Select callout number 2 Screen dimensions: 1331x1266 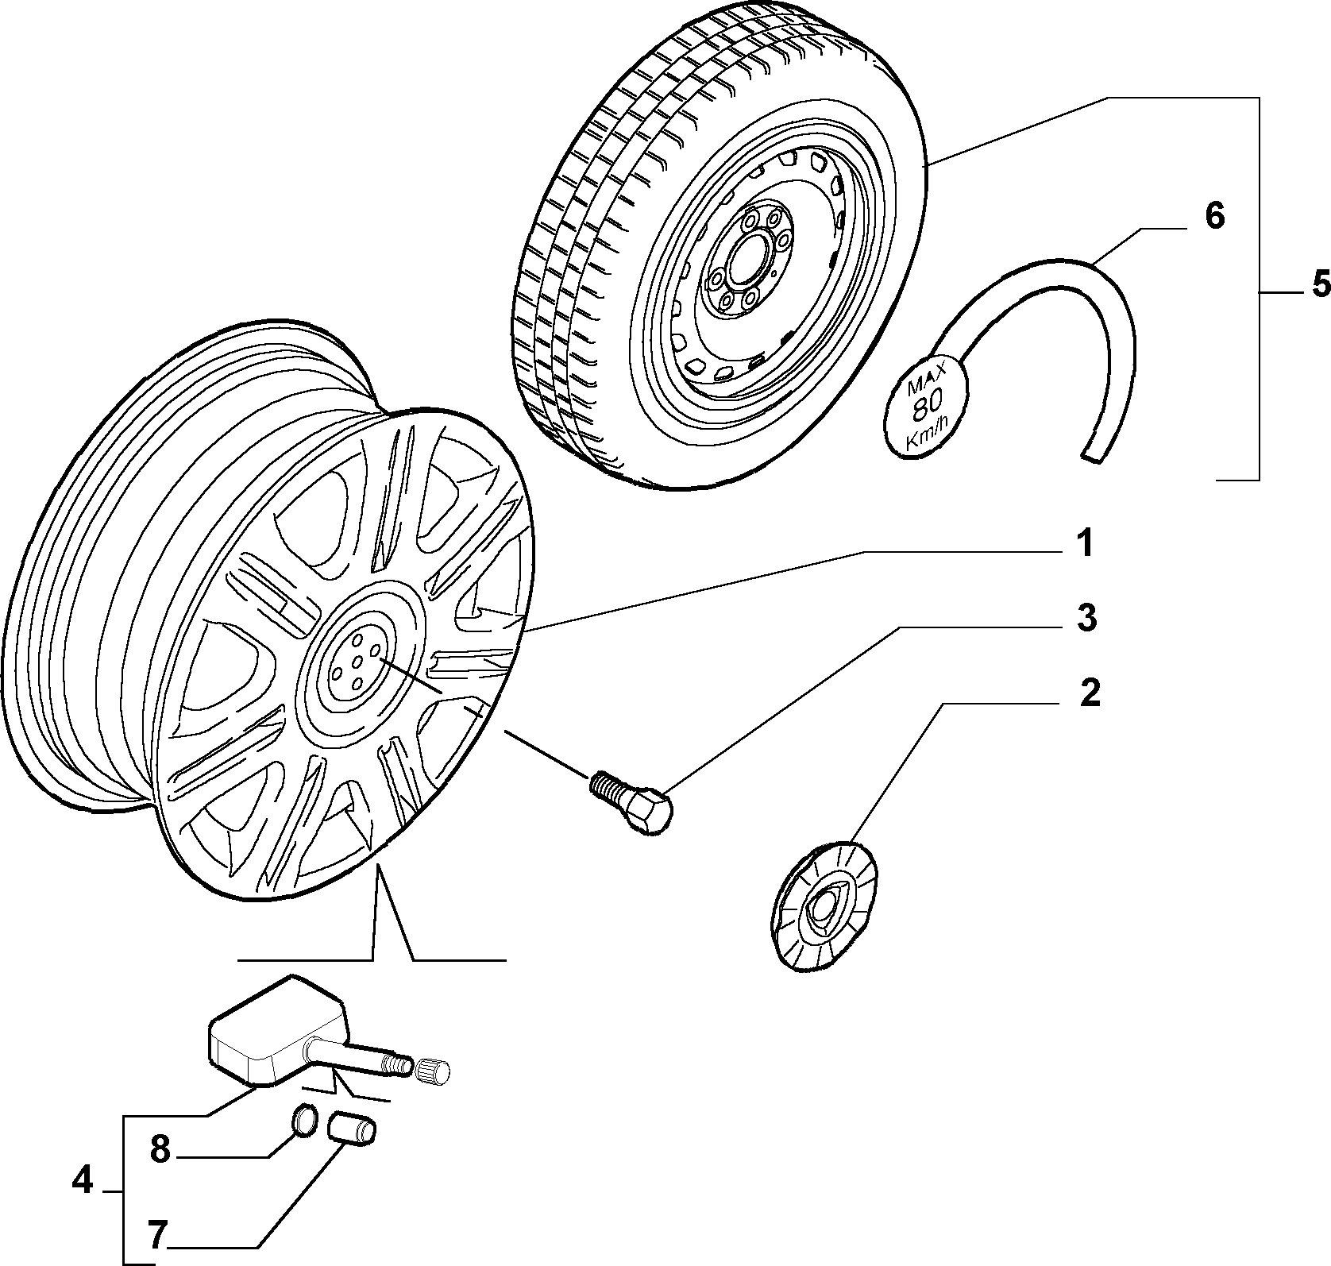1090,693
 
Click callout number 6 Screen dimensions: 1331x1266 1215,215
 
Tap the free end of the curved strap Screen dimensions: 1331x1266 1094,454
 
